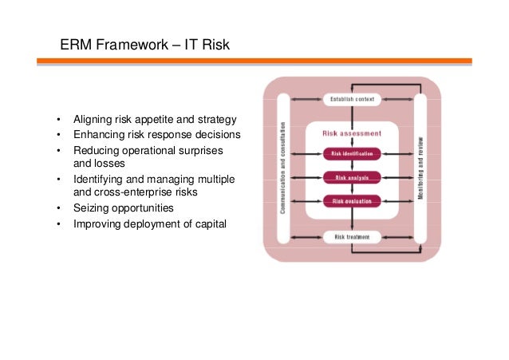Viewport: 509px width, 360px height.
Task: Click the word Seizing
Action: (91, 208)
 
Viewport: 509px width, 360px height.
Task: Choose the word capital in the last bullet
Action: (208, 224)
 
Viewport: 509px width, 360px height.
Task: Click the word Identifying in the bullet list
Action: (99, 179)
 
